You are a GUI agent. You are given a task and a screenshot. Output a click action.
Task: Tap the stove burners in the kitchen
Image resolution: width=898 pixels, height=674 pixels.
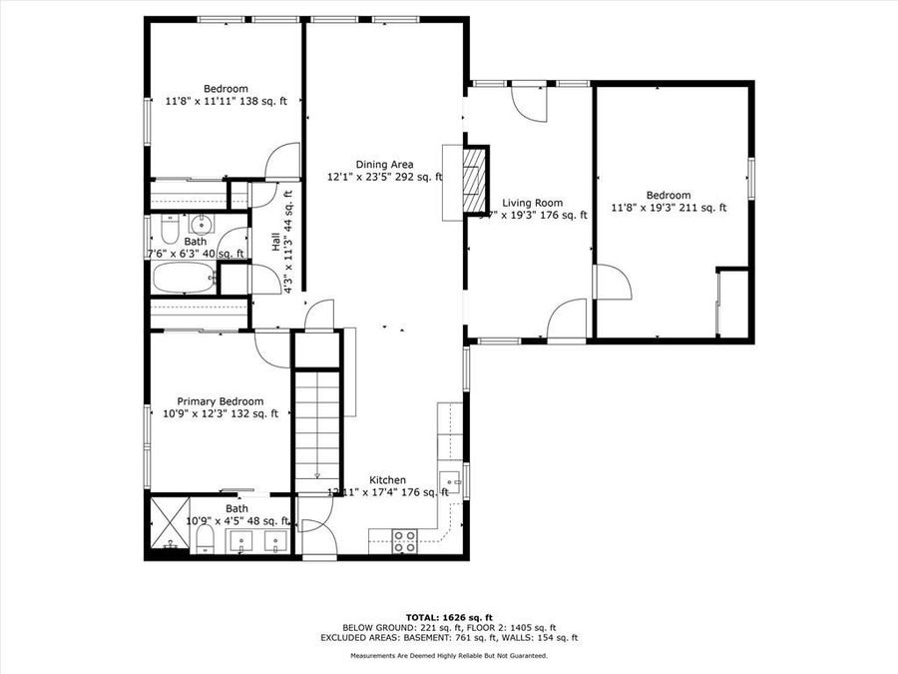pos(404,541)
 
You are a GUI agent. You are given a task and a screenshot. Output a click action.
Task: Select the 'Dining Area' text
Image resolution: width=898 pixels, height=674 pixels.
pos(384,165)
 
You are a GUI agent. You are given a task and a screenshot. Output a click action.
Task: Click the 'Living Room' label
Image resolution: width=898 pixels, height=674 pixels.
pos(532,203)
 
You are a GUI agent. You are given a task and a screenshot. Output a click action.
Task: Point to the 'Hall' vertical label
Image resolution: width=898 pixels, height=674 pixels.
pos(276,241)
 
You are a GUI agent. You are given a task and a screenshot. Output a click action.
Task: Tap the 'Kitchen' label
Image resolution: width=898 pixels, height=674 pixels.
pos(387,480)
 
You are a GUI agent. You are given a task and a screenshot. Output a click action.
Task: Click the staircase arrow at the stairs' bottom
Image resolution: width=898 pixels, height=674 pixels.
pos(317,476)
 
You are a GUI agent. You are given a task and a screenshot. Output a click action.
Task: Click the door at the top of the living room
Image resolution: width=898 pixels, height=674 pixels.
pos(529,102)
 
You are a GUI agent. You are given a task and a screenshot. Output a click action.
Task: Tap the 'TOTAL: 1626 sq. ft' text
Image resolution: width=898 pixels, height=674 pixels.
pos(449,617)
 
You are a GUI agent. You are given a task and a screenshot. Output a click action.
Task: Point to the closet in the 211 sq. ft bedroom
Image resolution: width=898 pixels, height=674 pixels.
pos(733,303)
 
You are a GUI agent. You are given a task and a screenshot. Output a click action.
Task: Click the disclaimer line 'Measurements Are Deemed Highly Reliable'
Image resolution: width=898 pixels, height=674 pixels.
pos(448,656)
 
